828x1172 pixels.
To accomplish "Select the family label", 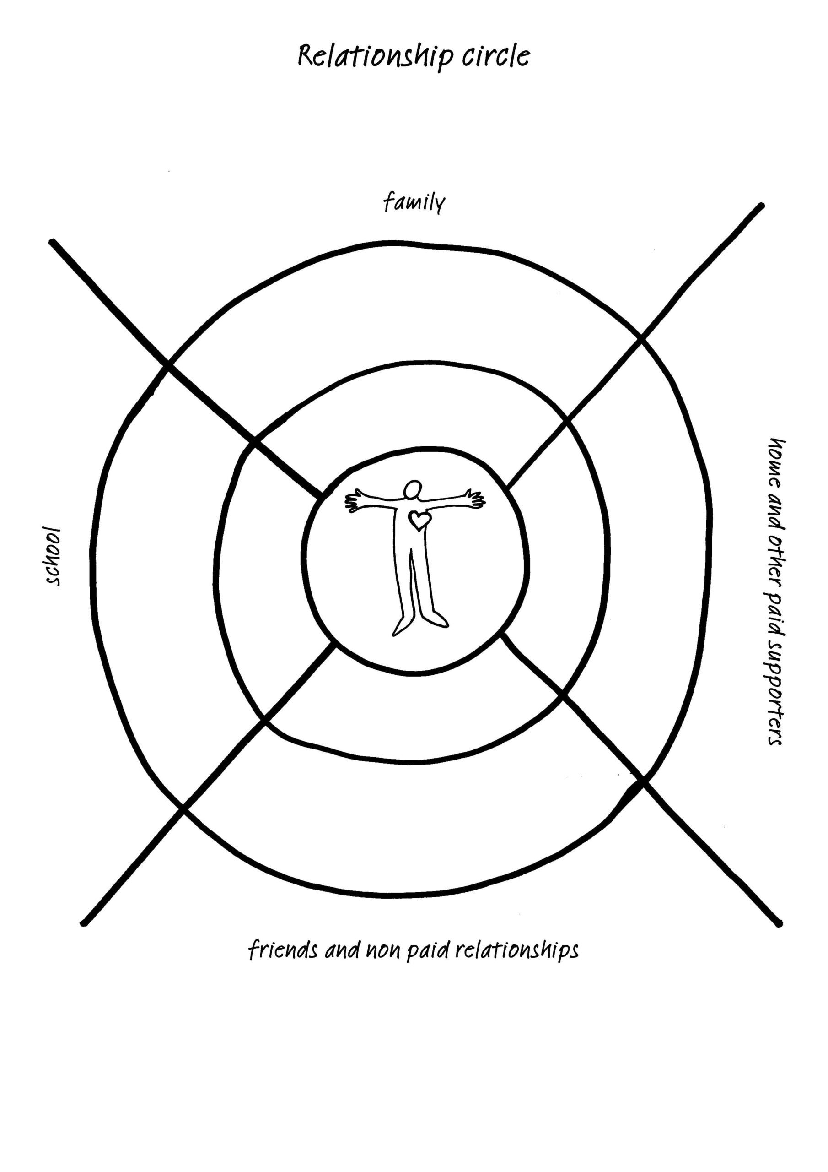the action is tap(414, 203).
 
